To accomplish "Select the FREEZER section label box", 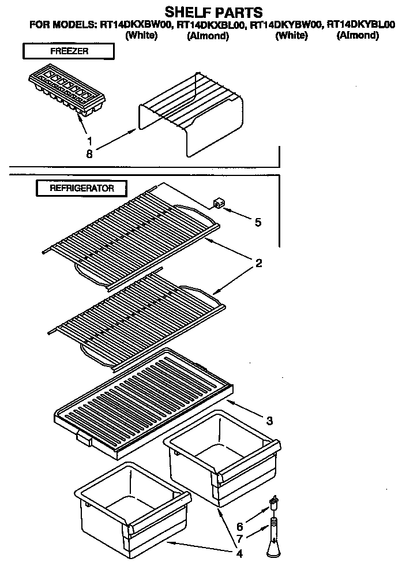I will coord(67,52).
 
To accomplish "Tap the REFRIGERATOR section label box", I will coord(82,188).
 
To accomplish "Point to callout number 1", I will coord(89,140).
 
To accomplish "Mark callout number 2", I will coord(259,264).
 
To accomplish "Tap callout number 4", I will coord(238,554).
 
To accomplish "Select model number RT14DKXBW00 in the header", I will coord(138,25).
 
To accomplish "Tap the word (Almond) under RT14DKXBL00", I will coord(208,36).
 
